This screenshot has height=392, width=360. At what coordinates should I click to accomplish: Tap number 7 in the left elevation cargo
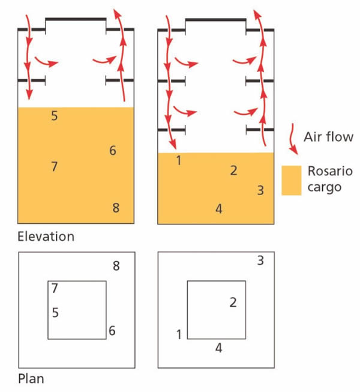pyautogui.click(x=55, y=166)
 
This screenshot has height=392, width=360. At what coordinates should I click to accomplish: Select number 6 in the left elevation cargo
pyautogui.click(x=113, y=151)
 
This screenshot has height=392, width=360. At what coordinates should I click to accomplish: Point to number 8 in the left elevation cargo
pyautogui.click(x=116, y=208)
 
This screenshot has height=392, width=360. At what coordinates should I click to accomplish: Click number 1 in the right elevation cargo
pyautogui.click(x=178, y=160)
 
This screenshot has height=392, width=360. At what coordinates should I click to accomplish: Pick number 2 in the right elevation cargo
pyautogui.click(x=233, y=170)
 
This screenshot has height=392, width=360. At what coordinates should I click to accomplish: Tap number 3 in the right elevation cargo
pyautogui.click(x=260, y=191)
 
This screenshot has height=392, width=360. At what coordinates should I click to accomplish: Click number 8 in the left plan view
pyautogui.click(x=116, y=267)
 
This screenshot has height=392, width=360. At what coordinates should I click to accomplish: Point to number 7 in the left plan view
pyautogui.click(x=55, y=289)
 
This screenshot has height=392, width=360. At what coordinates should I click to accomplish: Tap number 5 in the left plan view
pyautogui.click(x=55, y=312)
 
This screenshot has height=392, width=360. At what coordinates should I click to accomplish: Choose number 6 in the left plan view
pyautogui.click(x=112, y=331)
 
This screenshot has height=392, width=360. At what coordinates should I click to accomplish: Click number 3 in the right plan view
pyautogui.click(x=260, y=261)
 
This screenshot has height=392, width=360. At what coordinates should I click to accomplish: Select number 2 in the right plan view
pyautogui.click(x=233, y=302)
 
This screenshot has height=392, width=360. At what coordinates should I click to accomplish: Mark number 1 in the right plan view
pyautogui.click(x=178, y=334)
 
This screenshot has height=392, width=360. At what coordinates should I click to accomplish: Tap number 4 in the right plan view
pyautogui.click(x=219, y=348)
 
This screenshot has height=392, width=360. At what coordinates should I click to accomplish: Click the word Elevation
pyautogui.click(x=46, y=237)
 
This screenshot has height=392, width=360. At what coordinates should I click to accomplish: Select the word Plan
pyautogui.click(x=31, y=379)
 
